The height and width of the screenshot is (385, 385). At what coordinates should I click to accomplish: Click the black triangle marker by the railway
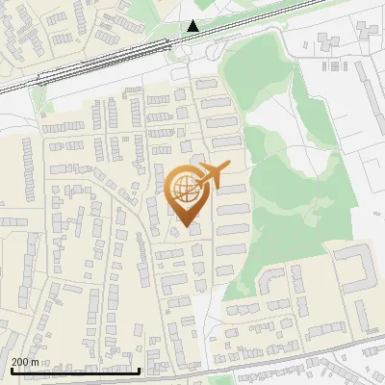pos(193,26)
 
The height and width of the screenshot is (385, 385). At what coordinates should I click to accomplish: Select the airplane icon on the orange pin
pos(213,175)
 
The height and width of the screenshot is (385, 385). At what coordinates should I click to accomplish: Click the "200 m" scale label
pos(25,362)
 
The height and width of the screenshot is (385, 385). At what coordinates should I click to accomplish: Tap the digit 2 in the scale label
pos(15,362)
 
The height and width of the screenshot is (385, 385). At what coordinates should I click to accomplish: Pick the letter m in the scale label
pos(35,362)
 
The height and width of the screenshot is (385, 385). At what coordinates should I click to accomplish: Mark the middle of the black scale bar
pos(74,371)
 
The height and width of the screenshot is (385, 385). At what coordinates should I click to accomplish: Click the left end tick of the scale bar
pos(10,370)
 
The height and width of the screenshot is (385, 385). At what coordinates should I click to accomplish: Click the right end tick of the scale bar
pos(140,370)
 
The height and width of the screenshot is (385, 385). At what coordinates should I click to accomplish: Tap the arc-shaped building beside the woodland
pos(270,280)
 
